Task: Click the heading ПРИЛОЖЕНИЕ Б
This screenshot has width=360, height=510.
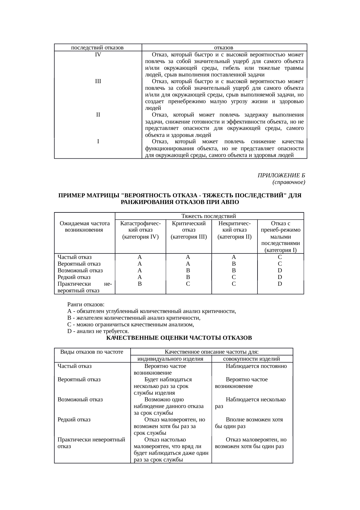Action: tap(281, 175)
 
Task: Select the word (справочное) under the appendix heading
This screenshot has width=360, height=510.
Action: tap(288, 182)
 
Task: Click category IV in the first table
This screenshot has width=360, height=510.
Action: tap(98, 54)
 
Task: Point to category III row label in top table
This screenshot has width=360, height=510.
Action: tap(98, 81)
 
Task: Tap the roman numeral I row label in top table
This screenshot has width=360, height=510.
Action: tap(98, 142)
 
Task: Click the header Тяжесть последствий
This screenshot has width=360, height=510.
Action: tap(208, 216)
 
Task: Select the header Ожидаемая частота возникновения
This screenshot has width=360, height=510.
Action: tap(84, 226)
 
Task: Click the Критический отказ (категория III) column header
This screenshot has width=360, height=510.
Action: tap(188, 230)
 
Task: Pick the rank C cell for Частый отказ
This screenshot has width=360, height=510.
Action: tap(280, 257)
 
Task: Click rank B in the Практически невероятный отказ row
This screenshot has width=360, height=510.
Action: tap(140, 284)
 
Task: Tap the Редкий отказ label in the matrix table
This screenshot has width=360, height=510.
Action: tap(74, 277)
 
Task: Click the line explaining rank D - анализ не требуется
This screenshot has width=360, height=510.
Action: tap(98, 331)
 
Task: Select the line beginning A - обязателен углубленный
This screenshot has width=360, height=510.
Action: tap(151, 311)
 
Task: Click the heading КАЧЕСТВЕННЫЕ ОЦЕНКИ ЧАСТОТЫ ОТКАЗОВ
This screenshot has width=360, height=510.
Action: tap(179, 338)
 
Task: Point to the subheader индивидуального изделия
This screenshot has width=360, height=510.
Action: tap(170, 359)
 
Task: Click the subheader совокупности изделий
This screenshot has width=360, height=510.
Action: tap(252, 359)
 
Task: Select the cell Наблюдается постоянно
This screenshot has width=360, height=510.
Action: tap(256, 366)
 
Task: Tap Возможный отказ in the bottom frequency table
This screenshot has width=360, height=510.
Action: tap(80, 399)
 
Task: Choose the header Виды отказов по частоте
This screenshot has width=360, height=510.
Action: tap(92, 352)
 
